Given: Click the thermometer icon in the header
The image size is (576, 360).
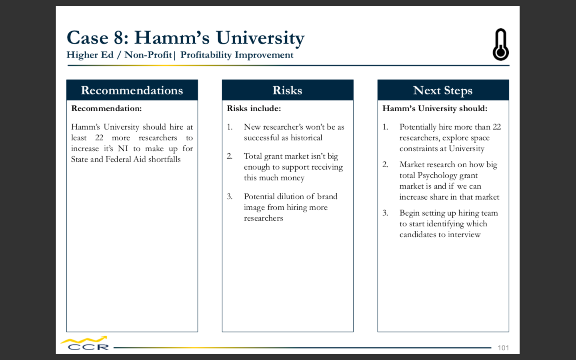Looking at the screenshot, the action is (501, 44).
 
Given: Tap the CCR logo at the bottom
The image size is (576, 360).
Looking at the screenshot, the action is (85, 344).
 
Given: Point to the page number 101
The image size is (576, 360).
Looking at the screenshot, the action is (503, 348).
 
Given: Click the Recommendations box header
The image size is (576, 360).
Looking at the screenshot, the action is (132, 90).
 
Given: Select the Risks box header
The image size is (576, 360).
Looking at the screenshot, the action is (288, 90).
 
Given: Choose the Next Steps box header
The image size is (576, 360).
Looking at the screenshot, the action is (443, 90).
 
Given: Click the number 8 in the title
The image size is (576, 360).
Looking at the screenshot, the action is (119, 38).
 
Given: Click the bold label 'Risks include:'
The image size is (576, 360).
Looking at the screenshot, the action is (254, 108).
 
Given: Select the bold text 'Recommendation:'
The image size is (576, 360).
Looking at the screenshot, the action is (106, 108).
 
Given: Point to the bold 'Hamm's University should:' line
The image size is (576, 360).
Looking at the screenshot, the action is (435, 108).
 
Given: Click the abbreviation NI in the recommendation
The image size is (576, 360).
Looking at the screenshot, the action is (123, 149).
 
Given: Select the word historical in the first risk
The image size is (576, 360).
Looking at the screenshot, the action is (306, 138).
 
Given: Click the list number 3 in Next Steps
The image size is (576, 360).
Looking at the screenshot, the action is (385, 213).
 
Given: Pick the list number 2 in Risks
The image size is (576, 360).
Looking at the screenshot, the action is (230, 156).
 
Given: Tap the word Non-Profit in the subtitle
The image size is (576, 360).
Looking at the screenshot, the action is (148, 55).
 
